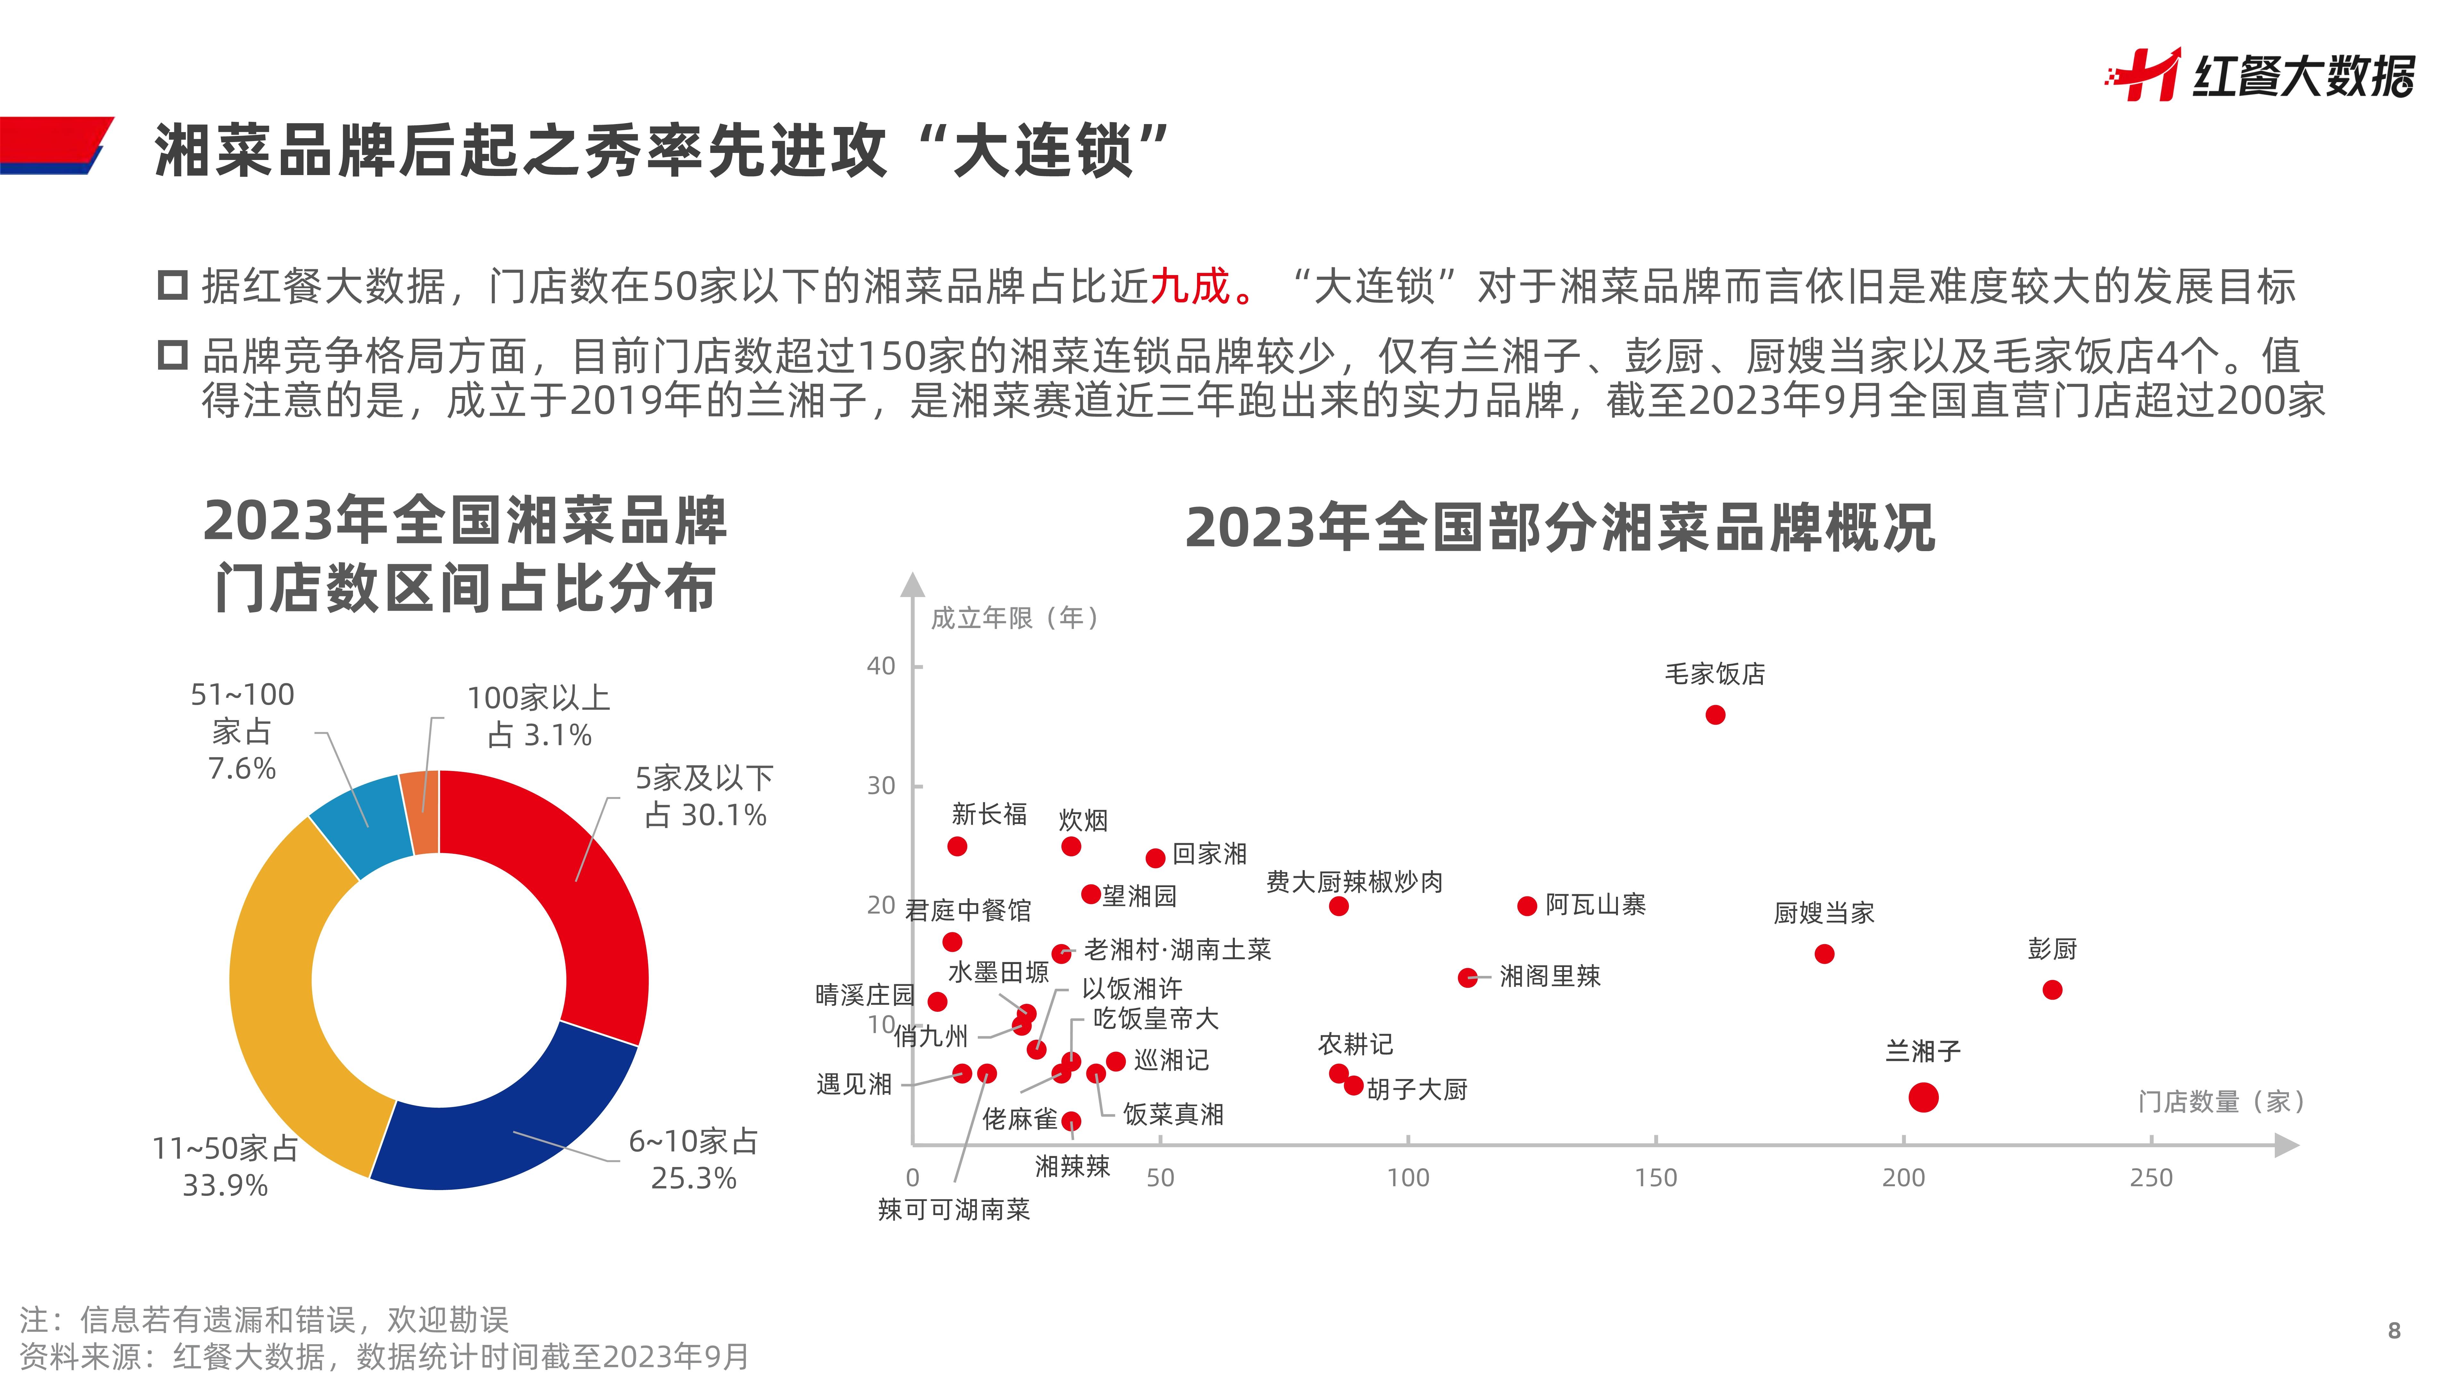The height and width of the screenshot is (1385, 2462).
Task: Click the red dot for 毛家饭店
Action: point(1715,715)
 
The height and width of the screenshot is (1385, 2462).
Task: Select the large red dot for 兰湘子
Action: point(1923,1097)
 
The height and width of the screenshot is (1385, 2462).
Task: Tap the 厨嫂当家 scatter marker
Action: point(1823,954)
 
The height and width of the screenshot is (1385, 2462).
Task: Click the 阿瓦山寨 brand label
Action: point(1595,904)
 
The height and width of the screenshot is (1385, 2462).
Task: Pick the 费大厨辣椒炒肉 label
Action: point(1354,881)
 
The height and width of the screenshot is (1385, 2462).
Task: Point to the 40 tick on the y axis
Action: point(880,666)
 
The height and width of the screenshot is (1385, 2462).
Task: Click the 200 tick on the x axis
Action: point(1903,1178)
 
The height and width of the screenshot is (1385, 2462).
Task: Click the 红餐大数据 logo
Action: point(2260,75)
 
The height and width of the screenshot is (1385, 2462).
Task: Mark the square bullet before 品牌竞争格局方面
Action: point(172,356)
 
